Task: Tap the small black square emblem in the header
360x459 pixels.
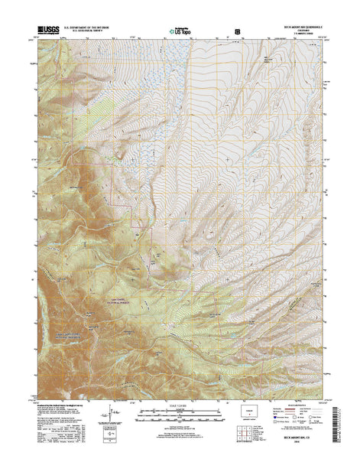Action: click(x=238, y=32)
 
